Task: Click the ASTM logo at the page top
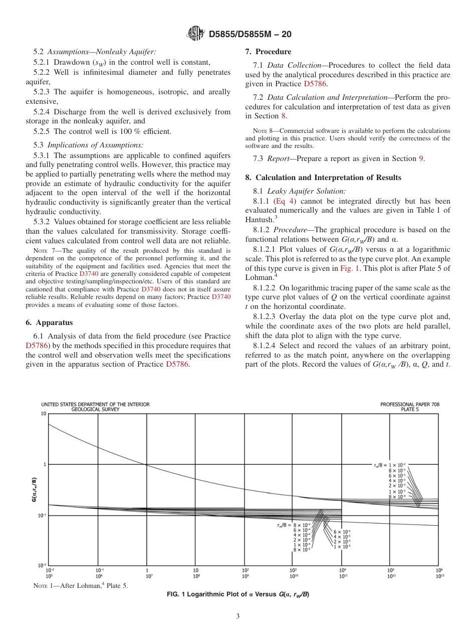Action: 195,34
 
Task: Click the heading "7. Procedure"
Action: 268,52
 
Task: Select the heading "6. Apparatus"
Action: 49,322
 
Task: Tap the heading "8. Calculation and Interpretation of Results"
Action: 323,178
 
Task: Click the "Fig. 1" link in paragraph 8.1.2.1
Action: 349,268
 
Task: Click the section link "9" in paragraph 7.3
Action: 421,158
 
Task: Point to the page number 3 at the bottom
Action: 238,616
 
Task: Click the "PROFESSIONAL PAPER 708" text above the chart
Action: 410,404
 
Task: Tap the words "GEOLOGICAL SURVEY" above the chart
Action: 95,409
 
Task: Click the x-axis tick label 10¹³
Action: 439,576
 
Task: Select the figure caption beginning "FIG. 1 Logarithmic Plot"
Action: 238,595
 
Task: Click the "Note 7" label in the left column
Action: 44,250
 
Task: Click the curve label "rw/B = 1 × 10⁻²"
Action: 389,465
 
